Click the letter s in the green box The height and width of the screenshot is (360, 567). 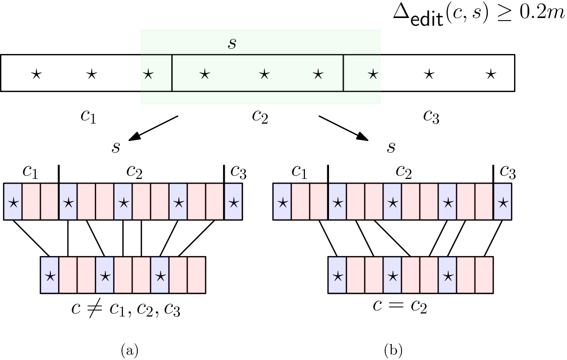(232, 44)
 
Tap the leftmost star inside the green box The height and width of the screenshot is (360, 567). (148, 75)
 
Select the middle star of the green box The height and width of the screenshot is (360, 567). (264, 75)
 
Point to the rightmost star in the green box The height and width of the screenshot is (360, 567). (373, 75)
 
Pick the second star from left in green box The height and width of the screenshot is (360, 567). (205, 75)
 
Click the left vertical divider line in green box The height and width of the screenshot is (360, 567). (172, 73)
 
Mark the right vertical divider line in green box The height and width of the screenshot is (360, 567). (343, 73)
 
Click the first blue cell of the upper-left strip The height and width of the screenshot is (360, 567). (13, 202)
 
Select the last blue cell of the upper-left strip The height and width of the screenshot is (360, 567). (233, 202)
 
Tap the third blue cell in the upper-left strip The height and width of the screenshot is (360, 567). (123, 202)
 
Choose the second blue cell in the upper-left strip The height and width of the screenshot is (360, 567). (68, 202)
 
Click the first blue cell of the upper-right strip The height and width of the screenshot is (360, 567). (283, 202)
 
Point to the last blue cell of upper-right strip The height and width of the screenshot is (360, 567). (503, 202)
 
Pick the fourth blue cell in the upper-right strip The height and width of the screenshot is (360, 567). (448, 202)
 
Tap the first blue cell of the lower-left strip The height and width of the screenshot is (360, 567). (50, 275)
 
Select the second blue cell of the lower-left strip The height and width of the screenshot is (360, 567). (105, 275)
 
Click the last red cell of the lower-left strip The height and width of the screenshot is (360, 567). (196, 275)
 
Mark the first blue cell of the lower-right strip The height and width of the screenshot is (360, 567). (338, 275)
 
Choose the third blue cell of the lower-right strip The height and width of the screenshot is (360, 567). (448, 275)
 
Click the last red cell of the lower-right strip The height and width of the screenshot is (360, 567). (484, 275)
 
